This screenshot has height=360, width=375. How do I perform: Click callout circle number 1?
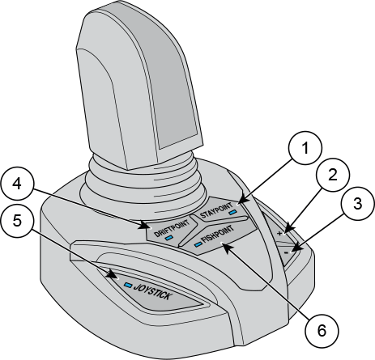click(305, 148)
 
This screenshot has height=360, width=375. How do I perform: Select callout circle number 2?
click(333, 175)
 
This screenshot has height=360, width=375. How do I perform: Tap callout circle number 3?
click(358, 204)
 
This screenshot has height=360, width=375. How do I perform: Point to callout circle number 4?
click(17, 184)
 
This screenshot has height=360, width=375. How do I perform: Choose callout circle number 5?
click(17, 221)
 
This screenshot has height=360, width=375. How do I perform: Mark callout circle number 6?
click(322, 331)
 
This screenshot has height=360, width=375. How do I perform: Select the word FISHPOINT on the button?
click(218, 234)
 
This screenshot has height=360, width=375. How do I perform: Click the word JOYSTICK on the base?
click(152, 291)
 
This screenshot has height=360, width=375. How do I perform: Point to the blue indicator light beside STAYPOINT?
click(232, 213)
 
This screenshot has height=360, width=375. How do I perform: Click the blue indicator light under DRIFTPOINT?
click(168, 238)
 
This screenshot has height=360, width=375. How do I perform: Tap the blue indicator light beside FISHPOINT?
click(198, 244)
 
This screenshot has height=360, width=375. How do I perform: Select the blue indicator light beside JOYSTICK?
click(128, 285)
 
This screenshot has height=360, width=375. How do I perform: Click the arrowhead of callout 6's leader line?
click(225, 245)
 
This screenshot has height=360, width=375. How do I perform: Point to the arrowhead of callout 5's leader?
click(115, 275)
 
